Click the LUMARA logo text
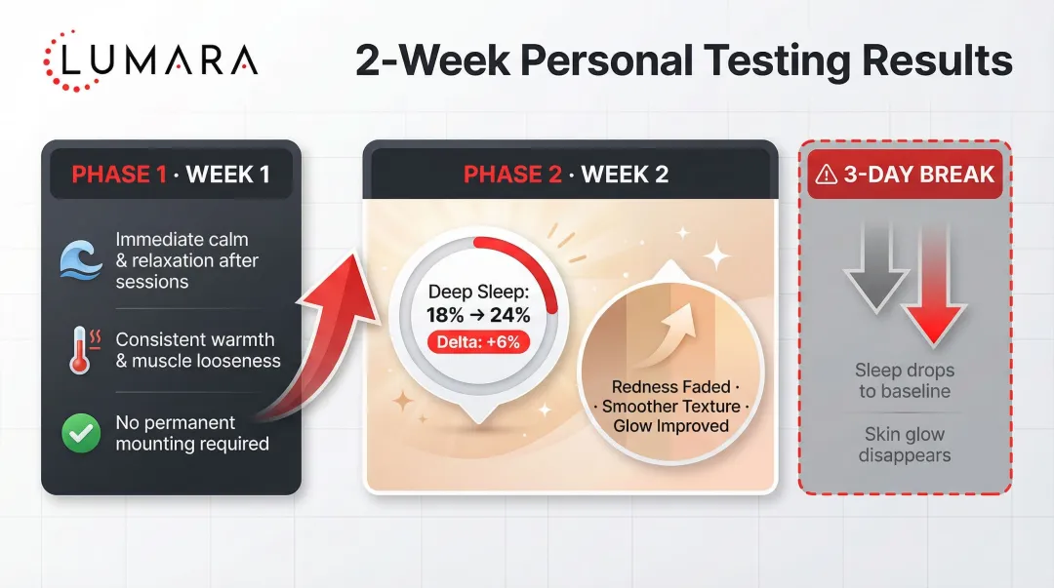158,60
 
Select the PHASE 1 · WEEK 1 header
171,176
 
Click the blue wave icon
81,260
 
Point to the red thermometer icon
80,350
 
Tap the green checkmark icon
81,433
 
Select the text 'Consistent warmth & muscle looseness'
197,350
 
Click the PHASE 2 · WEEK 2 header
566,176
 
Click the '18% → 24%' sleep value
477,314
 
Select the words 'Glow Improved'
670,426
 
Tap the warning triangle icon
827,176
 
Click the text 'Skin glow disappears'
904,445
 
